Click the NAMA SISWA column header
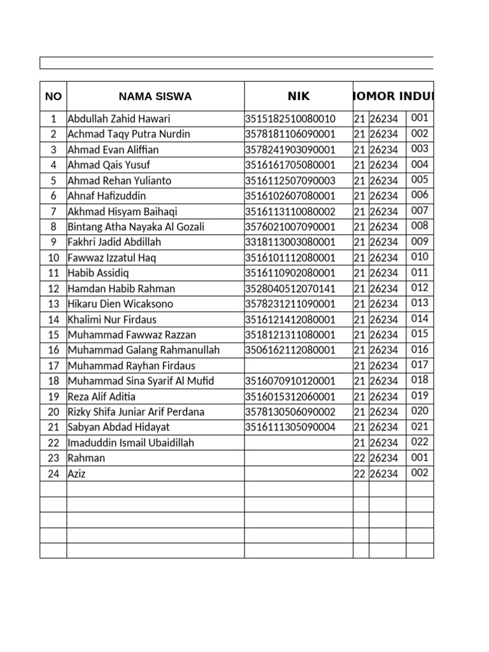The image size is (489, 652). click(155, 97)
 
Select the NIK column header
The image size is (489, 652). click(298, 96)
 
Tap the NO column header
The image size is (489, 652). click(53, 97)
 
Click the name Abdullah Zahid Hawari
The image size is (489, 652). click(119, 119)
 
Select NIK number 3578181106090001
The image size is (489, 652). click(290, 134)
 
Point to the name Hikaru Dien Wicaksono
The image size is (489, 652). click(120, 304)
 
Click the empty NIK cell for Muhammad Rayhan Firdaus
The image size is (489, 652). click(298, 365)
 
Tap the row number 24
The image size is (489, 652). click(53, 474)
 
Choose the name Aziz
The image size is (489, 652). click(76, 474)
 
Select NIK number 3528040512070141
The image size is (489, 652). click(290, 288)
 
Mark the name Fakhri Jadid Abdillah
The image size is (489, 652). click(115, 242)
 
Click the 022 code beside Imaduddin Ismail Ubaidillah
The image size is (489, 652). click(420, 441)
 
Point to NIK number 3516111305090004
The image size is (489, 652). click(290, 427)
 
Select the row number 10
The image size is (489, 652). click(53, 258)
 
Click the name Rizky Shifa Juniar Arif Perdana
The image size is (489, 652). click(136, 412)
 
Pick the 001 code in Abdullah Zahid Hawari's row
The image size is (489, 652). click(420, 118)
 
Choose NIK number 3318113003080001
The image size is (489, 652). click(290, 242)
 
